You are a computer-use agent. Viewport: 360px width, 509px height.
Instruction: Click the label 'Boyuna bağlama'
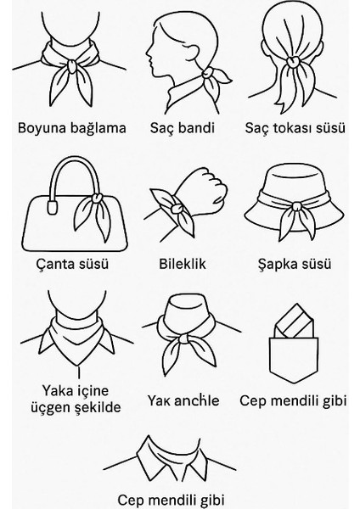[x=71, y=129]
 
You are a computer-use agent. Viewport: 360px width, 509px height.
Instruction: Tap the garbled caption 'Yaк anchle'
[x=183, y=400]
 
